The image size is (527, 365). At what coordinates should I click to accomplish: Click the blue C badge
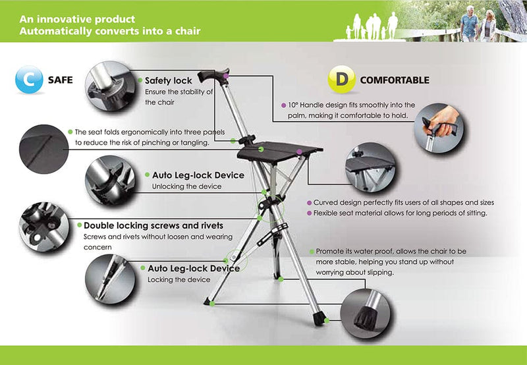coord(29,80)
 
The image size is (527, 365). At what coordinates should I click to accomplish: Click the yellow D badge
coord(342,79)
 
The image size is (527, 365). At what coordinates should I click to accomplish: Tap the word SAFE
coord(61,80)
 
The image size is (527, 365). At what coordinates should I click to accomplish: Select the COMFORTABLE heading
coord(395,80)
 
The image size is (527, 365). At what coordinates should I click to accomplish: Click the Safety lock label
coord(169,80)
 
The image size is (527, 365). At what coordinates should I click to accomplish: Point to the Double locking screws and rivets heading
coord(153,225)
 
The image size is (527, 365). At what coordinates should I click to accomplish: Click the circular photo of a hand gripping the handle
coord(439,128)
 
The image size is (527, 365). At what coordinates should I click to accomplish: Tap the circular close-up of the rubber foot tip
coord(366,314)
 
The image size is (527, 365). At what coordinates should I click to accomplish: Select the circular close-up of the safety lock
coord(110,86)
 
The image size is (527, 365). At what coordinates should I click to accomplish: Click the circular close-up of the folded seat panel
coord(44,149)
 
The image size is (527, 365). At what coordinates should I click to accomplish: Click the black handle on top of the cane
coord(213,75)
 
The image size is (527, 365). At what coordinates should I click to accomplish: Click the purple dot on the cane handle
coord(226,76)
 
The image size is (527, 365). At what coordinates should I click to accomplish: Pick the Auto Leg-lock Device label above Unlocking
coord(198,175)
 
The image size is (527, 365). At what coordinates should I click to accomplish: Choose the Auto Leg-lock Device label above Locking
coord(194,269)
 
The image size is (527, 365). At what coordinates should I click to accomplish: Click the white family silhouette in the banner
coord(372,26)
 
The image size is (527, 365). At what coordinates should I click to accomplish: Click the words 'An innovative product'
coord(77,19)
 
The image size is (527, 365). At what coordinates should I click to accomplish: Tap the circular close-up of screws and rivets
coord(44,227)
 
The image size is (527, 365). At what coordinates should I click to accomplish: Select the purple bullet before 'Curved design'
coord(310,203)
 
